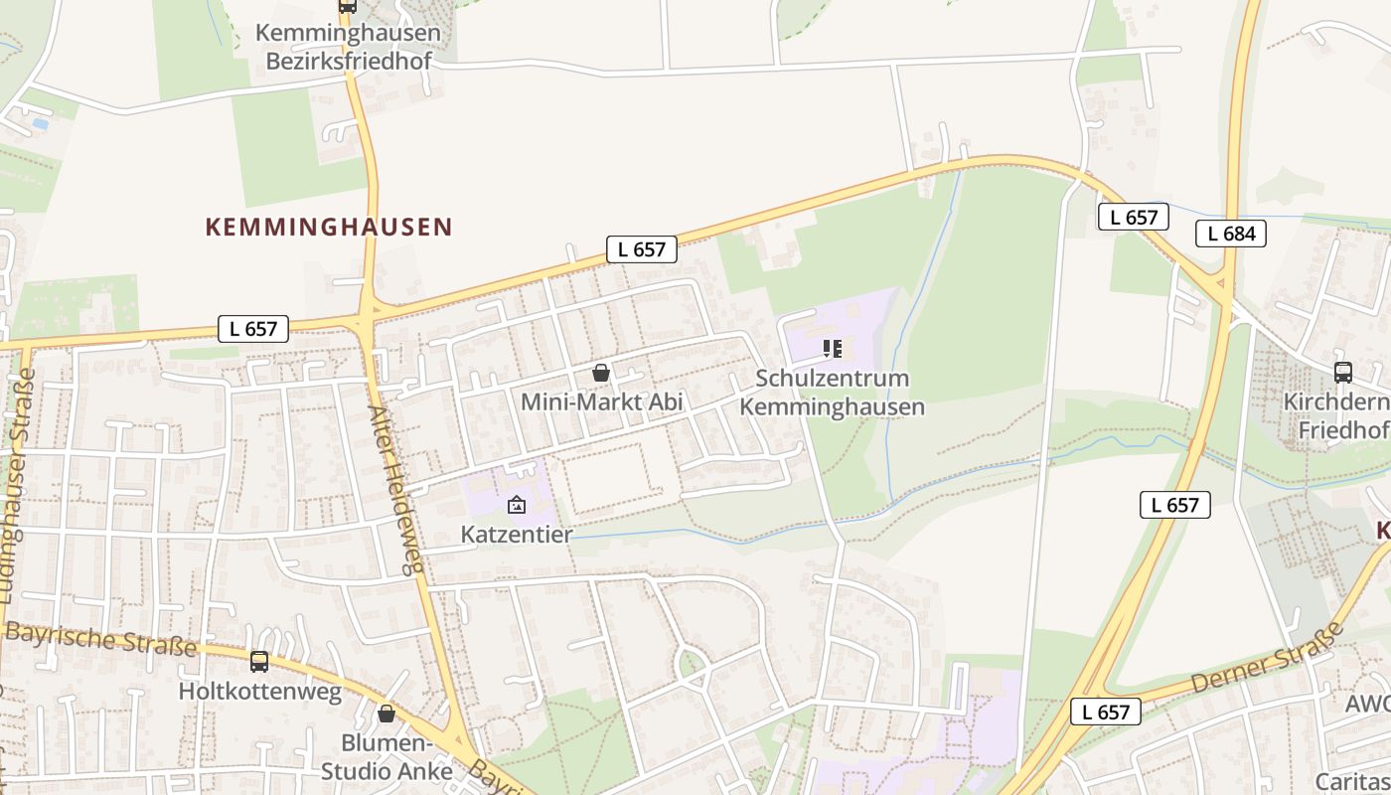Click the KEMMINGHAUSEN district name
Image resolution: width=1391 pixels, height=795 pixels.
[329, 227]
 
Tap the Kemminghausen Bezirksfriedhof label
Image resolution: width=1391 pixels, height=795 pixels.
[348, 47]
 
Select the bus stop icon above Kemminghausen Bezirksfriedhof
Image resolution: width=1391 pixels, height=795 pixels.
[347, 5]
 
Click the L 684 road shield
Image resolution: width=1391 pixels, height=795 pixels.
[1231, 234]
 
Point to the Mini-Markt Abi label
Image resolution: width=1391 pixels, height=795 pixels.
[602, 401]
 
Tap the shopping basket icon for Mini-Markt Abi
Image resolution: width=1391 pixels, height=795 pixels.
[601, 373]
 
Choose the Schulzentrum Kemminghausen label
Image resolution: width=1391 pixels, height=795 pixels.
[833, 393]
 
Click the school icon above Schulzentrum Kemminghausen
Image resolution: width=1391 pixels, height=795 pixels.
[833, 349]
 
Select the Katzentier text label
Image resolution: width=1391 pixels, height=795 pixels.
[517, 534]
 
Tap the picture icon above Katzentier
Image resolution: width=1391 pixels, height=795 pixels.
[517, 505]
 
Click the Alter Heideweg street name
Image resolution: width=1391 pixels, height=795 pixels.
[395, 489]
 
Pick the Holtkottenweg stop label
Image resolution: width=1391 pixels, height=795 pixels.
[260, 691]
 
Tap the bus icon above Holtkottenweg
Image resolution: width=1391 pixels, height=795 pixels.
[259, 661]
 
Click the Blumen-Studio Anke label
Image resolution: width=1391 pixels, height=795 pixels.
[386, 757]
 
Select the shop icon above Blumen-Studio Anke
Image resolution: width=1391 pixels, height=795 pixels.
[386, 714]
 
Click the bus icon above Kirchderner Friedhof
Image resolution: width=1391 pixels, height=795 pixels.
[1343, 373]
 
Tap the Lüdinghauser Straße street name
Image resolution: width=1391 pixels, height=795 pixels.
[17, 487]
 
